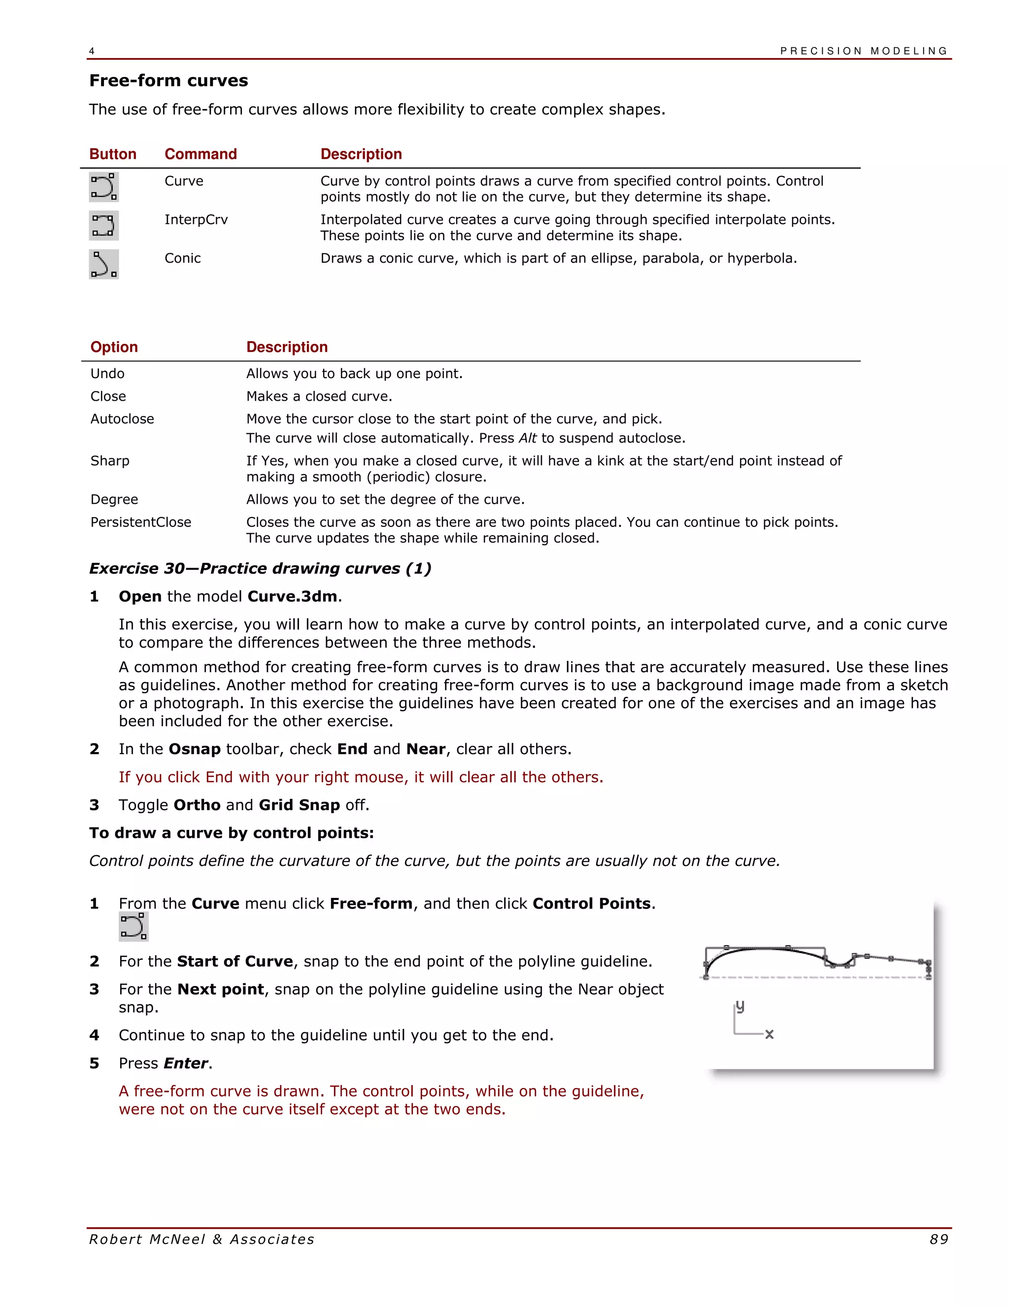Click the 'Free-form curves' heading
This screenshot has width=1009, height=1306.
pyautogui.click(x=168, y=81)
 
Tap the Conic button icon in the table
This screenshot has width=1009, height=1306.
pyautogui.click(x=104, y=264)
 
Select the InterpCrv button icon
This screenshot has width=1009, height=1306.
pyautogui.click(x=104, y=225)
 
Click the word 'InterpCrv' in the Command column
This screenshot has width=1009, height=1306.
pyautogui.click(x=196, y=220)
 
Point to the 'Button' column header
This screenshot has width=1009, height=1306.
pyautogui.click(x=113, y=154)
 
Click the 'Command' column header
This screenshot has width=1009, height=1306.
pyautogui.click(x=201, y=154)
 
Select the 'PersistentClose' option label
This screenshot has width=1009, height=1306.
pyautogui.click(x=140, y=522)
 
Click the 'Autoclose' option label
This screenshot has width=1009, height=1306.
pyautogui.click(x=122, y=419)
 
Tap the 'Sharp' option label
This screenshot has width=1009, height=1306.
pyautogui.click(x=110, y=461)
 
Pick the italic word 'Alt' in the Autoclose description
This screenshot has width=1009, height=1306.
pyautogui.click(x=527, y=438)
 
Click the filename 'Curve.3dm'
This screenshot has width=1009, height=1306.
pyautogui.click(x=292, y=597)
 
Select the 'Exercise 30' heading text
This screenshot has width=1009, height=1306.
pyautogui.click(x=260, y=569)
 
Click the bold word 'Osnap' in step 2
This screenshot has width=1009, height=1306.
pyautogui.click(x=194, y=749)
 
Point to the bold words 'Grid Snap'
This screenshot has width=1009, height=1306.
pyautogui.click(x=299, y=805)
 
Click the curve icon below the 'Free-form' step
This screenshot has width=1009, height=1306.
pyautogui.click(x=134, y=927)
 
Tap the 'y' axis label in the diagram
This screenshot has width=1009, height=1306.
pyautogui.click(x=740, y=1006)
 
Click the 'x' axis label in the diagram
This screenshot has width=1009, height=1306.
pyautogui.click(x=769, y=1034)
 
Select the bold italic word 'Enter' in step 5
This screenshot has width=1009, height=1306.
pyautogui.click(x=186, y=1063)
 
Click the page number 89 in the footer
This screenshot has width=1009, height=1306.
pyautogui.click(x=939, y=1239)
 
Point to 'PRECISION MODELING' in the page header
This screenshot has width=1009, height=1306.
pyautogui.click(x=864, y=51)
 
